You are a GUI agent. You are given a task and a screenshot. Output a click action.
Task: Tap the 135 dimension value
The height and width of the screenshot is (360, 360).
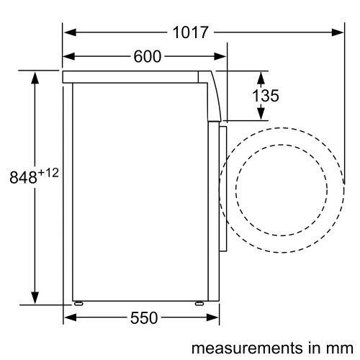tap(266, 96)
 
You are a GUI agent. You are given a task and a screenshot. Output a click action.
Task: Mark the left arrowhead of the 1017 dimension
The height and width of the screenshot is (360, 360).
tap(69, 32)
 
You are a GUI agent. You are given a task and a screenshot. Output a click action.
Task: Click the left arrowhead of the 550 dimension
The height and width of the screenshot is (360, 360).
tap(69, 318)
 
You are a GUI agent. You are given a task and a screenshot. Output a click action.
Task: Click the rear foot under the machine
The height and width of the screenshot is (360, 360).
tap(76, 303)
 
